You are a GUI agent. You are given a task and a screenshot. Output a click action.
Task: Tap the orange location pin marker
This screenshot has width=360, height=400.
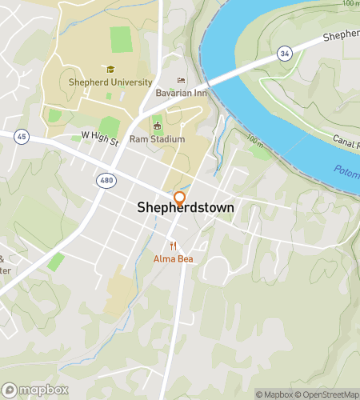tap(179, 199)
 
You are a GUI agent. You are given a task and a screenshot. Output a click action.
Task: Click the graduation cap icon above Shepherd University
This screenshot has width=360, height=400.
tap(110, 69)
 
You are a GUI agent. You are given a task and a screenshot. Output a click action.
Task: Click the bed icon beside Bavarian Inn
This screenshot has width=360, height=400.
tap(181, 81)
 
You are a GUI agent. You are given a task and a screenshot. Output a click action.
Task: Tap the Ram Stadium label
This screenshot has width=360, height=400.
tap(158, 138)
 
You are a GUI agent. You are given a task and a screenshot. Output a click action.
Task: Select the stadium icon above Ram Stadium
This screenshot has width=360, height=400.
tap(158, 126)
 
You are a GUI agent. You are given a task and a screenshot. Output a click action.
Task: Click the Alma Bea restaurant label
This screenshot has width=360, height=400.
tap(174, 259)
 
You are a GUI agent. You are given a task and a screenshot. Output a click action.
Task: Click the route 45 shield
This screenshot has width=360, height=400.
tap(20, 137)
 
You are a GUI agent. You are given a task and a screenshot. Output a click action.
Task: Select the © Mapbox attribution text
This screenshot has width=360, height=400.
tap(274, 394)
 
